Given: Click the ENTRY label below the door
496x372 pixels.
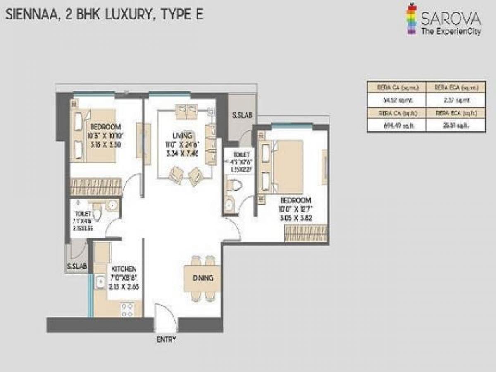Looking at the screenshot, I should coord(166,340).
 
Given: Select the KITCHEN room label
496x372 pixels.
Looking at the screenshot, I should coord(123,269).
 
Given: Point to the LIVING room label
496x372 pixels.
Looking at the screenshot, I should coord(182,136).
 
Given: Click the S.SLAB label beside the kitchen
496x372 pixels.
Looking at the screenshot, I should coord(76,267).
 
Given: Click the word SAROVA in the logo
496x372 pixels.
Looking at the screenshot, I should coord(451,19).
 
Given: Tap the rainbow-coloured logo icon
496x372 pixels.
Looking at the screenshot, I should coord(410,18).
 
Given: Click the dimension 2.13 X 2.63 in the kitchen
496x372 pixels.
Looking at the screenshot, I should coord(123,284).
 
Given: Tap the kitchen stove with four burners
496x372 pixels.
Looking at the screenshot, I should coord(127,308).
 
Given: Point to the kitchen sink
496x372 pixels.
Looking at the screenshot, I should coord(100,282).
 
